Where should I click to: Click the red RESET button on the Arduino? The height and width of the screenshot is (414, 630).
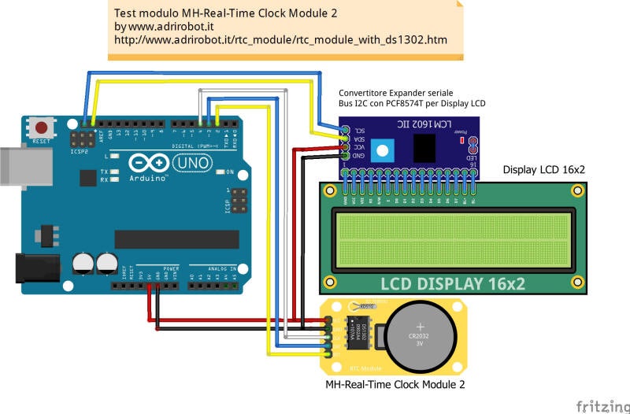point(42,127)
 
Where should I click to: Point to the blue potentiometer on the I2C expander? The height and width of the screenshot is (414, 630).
point(383,149)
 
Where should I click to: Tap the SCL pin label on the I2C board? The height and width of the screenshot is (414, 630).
point(359,130)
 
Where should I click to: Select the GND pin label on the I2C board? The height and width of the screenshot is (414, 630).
point(359,157)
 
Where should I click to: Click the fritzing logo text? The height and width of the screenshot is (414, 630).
point(601,405)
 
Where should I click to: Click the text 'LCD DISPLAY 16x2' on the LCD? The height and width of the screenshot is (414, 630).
point(453,283)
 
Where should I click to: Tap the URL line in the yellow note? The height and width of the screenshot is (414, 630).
point(280,39)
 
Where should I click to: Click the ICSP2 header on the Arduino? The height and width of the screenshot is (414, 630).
point(81,139)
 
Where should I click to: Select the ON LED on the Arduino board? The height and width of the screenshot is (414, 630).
point(221,172)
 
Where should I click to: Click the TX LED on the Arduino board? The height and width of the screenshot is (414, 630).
point(115,171)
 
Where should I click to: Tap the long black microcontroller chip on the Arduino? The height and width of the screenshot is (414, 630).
point(176,238)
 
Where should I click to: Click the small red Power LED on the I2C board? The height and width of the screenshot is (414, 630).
point(460,139)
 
